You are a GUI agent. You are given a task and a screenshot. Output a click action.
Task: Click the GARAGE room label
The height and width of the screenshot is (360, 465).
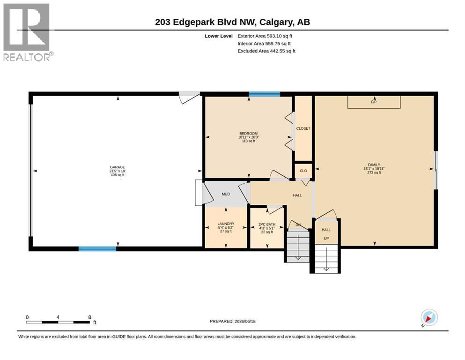118,167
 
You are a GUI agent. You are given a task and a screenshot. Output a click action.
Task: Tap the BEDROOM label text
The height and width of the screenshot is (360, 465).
249,134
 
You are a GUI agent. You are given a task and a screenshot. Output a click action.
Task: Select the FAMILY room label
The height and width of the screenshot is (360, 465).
374,165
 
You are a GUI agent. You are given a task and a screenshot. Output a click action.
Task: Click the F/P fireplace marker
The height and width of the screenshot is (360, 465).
374,102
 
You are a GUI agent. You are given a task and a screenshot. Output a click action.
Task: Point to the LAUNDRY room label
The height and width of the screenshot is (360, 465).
226,224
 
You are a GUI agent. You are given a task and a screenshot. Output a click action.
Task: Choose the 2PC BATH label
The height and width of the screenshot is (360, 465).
267,225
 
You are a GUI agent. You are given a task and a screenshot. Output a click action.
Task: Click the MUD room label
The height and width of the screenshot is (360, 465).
226,194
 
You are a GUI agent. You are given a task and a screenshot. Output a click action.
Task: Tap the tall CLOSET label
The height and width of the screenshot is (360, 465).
303,128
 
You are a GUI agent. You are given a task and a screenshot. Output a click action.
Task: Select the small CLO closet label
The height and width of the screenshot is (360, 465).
303,171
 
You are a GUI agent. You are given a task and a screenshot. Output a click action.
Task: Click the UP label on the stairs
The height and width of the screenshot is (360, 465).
326,238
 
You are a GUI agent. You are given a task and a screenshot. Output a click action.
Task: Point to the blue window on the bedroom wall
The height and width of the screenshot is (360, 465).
265,94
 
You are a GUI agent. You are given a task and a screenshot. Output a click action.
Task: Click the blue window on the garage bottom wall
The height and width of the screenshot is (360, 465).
97,249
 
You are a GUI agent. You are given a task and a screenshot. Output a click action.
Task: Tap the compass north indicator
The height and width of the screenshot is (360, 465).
429,317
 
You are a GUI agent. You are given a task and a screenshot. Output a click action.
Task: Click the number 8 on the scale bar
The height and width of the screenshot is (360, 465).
89,317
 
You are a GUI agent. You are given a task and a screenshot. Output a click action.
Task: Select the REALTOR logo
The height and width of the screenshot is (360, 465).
28,32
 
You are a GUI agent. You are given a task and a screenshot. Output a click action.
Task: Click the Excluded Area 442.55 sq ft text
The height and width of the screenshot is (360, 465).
266,51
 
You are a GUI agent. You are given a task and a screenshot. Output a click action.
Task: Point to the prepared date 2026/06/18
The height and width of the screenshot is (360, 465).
245,321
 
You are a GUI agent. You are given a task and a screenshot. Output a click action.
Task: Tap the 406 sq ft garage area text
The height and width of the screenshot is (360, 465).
118,175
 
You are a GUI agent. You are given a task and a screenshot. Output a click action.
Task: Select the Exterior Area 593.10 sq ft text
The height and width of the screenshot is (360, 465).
265,36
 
